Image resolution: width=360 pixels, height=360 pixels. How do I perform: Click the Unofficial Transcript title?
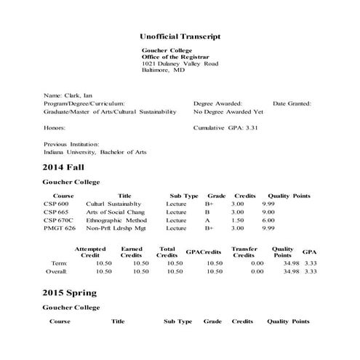180,36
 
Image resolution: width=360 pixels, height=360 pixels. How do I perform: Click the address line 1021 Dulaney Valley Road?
180,64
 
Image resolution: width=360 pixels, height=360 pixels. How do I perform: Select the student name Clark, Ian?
69,95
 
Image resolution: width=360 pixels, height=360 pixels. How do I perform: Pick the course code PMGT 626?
60,228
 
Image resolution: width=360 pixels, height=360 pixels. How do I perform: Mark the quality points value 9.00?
268,212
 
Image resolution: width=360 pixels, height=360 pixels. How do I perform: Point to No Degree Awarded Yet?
228,112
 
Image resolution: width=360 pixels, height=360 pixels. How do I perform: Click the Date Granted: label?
292,103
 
